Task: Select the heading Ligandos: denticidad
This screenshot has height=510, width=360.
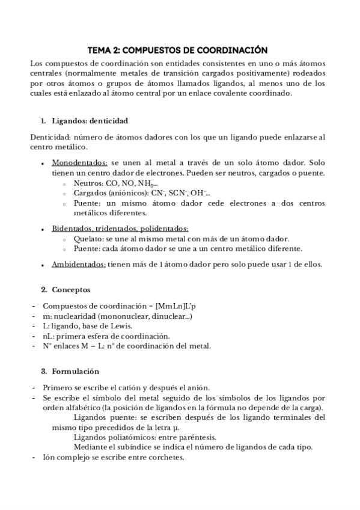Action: pyautogui.click(x=90, y=120)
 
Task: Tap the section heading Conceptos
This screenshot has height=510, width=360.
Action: pyautogui.click(x=71, y=289)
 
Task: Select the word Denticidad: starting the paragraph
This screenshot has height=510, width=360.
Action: pyautogui.click(x=50, y=137)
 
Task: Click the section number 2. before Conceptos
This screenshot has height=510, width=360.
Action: pyautogui.click(x=44, y=289)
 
